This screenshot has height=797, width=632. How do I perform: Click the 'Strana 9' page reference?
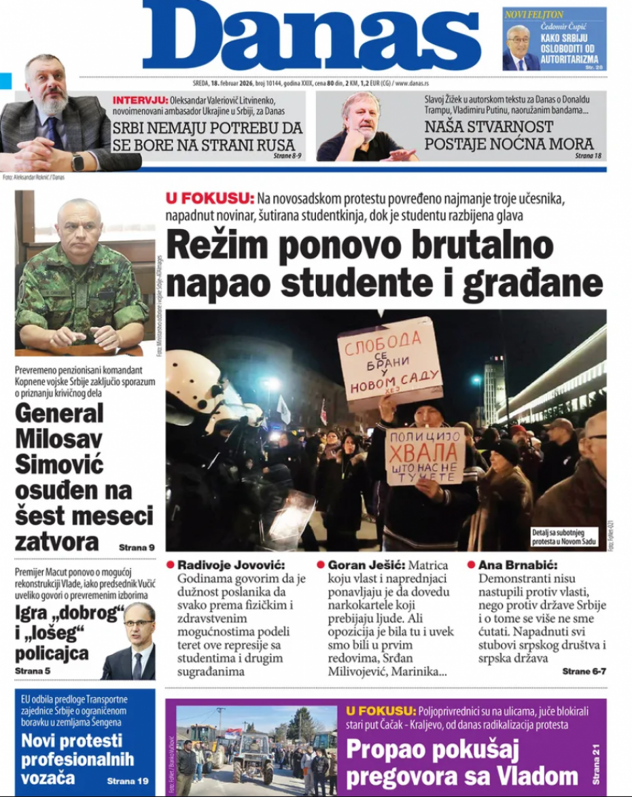click(x=137, y=547)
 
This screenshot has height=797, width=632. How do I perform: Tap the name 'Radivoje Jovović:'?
click(x=231, y=565)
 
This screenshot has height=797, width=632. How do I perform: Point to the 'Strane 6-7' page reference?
click(x=584, y=671)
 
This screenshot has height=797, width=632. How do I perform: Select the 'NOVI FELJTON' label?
click(x=534, y=14)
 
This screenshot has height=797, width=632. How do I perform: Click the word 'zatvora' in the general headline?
click(x=57, y=542)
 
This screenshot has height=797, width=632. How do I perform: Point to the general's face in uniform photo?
click(x=80, y=224)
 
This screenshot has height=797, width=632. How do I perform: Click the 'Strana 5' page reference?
click(x=33, y=671)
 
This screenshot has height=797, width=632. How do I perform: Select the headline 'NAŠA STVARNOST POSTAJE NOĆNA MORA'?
click(x=508, y=135)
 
